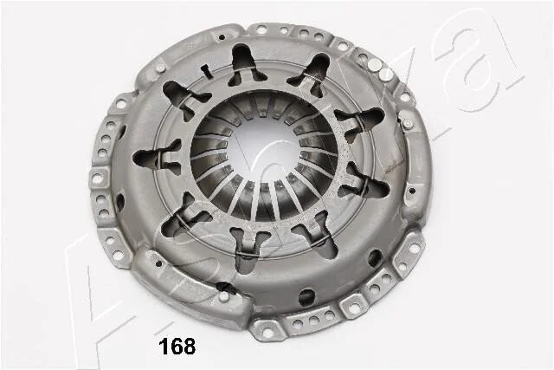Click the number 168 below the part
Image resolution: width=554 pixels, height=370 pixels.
click(x=177, y=347)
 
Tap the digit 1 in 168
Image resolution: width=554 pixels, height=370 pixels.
click(x=164, y=347)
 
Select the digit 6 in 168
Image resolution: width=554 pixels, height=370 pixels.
click(x=177, y=347)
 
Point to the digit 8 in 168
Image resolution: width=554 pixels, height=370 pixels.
click(x=190, y=347)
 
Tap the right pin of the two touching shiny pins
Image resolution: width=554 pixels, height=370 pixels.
click(x=386, y=74)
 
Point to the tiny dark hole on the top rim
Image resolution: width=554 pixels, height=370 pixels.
click(x=222, y=36)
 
